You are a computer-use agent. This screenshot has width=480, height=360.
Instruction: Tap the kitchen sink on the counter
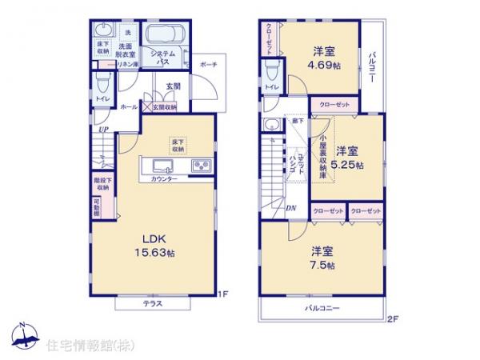(160, 166)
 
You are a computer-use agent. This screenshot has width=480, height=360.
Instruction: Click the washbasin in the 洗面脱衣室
(102, 31)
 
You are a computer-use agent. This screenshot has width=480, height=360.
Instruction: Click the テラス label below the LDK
(154, 304)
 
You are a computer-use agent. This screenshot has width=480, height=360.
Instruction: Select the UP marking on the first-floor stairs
(103, 130)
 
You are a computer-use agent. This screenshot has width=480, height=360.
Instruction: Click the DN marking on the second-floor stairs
(290, 209)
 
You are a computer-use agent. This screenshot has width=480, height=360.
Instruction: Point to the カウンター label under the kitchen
(165, 180)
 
